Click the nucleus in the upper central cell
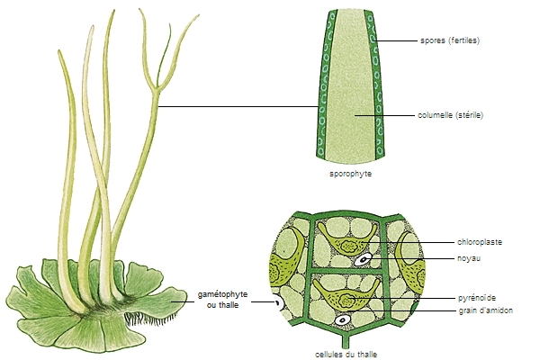(x=363, y=260)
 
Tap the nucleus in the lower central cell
(x=342, y=320)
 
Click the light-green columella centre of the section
(x=346, y=99)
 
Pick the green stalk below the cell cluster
(x=343, y=343)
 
